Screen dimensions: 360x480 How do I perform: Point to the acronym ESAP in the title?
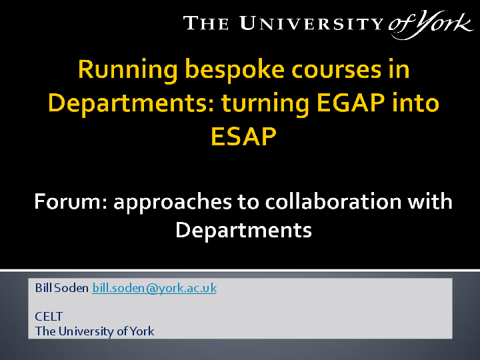pos(243,136)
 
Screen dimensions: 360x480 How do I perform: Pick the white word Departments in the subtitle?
pos(243,230)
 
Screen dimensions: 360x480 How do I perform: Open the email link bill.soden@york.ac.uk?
pos(154,288)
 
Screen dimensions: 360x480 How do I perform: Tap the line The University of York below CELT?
pos(95,331)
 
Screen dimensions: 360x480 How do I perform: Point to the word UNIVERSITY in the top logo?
pos(311,25)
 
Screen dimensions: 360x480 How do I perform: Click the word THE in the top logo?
pos(207,25)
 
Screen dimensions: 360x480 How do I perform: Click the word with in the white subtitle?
pos(431,201)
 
